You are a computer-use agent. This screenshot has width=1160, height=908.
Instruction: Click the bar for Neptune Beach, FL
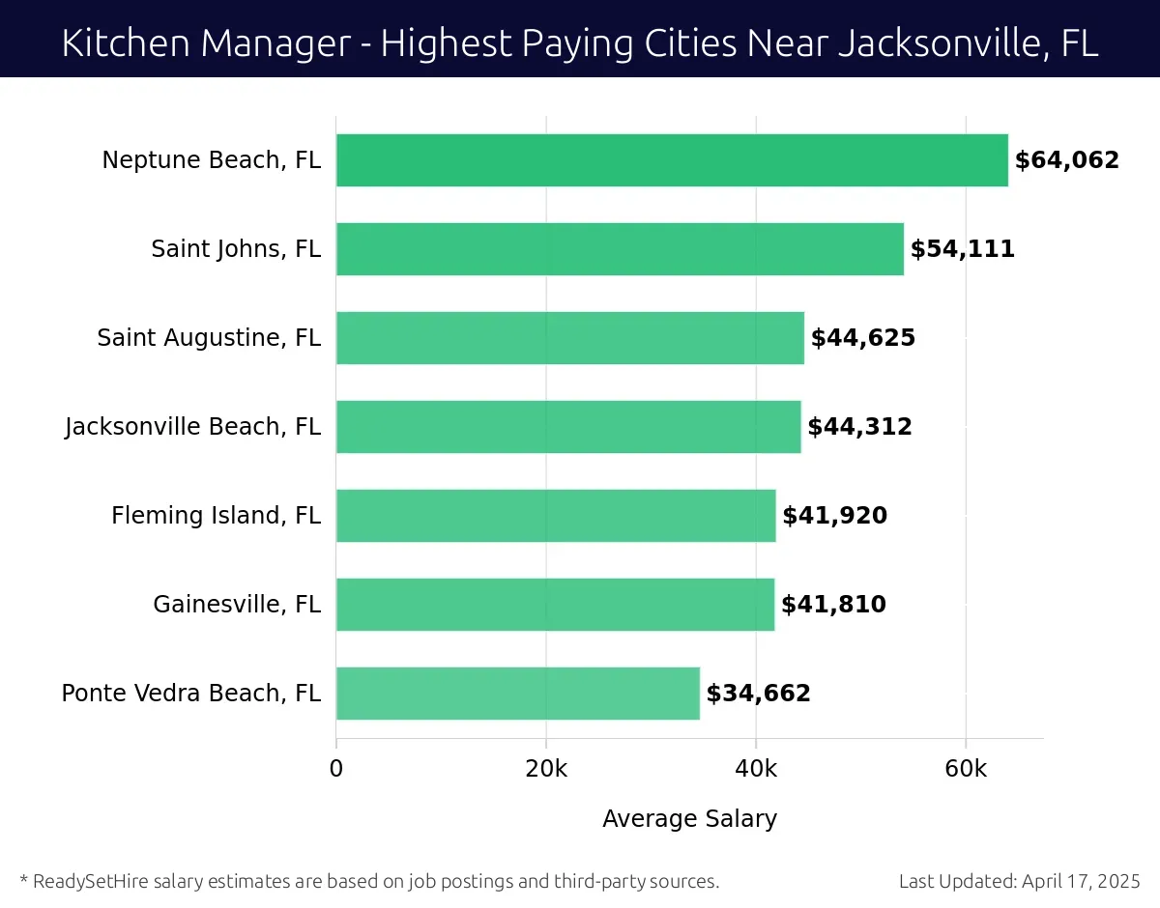tap(672, 160)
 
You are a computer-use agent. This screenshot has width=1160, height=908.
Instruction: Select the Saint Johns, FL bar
tap(620, 249)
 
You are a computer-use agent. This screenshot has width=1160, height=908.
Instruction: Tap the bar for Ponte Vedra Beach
tap(517, 694)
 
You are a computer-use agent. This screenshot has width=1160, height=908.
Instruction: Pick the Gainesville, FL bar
tap(555, 605)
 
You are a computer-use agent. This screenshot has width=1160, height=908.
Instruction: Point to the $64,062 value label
tap(1066, 160)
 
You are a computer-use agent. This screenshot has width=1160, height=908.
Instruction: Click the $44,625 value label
tap(862, 338)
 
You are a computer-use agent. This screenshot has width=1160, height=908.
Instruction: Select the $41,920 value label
tap(834, 516)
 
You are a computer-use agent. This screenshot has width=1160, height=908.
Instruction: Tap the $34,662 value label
tap(758, 694)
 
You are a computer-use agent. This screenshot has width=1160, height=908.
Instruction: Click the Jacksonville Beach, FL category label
tap(192, 427)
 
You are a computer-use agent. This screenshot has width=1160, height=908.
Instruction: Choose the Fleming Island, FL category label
tap(216, 516)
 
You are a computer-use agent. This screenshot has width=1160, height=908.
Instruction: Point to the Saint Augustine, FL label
tap(209, 338)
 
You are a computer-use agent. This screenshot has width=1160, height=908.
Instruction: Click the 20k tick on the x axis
tap(546, 769)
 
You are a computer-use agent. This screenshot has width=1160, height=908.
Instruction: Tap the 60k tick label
tap(966, 769)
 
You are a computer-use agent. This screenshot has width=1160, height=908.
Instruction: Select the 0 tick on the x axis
tap(336, 769)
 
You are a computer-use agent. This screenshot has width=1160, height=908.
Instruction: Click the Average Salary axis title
tap(689, 819)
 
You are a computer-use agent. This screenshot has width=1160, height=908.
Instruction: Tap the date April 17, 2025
tap(1080, 881)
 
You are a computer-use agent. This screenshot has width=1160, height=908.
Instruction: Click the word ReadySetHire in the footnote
tap(91, 881)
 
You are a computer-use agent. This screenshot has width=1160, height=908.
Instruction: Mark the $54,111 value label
tap(962, 249)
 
